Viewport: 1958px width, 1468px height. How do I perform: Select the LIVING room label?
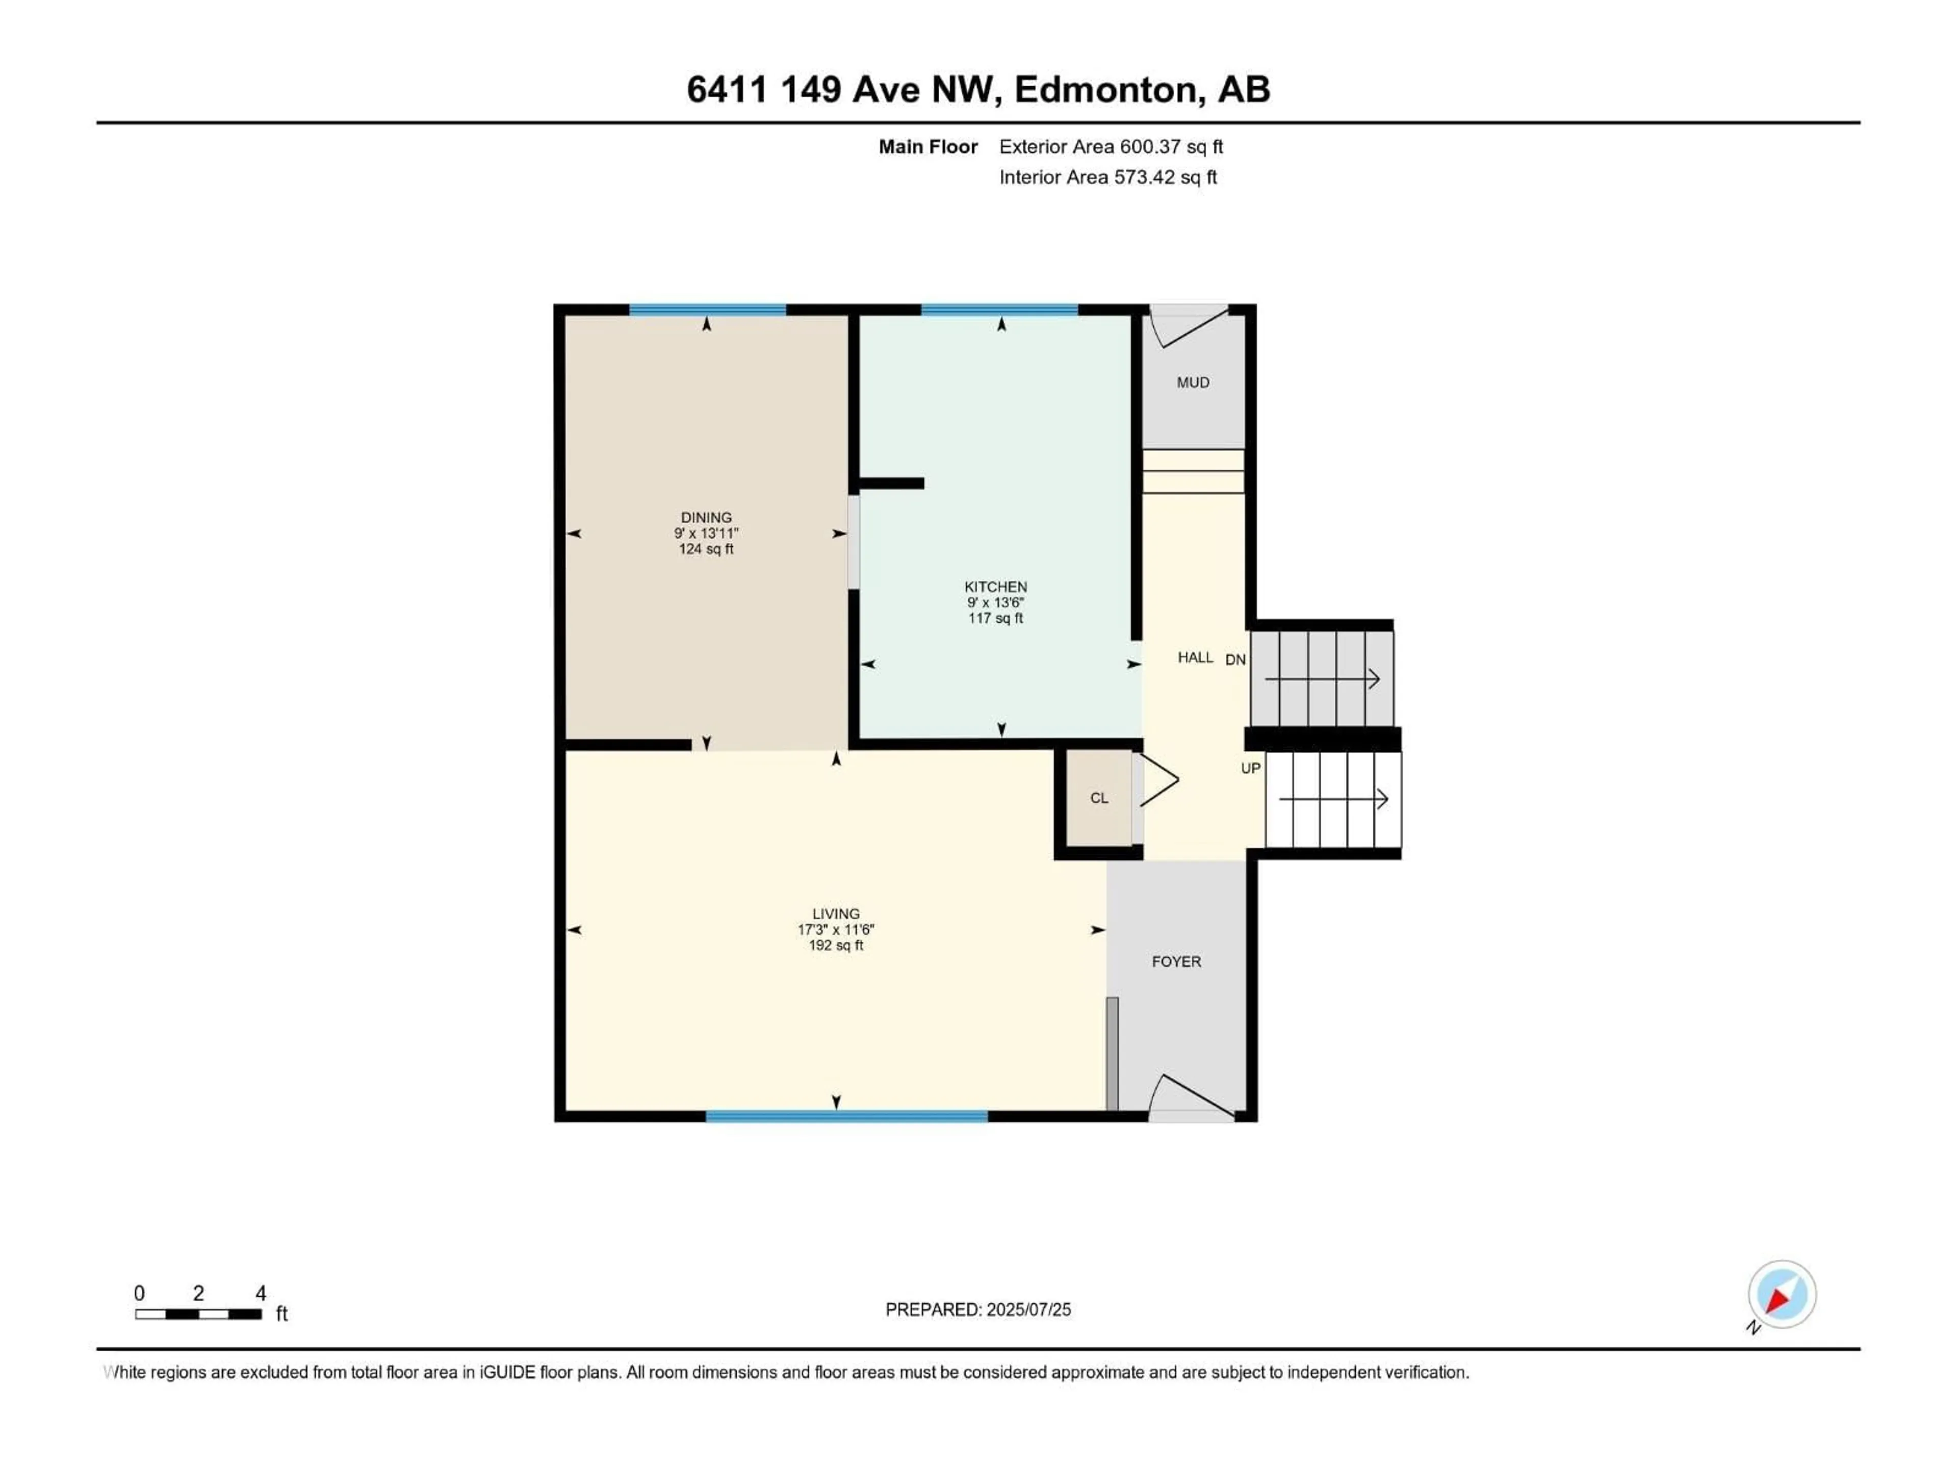point(836,914)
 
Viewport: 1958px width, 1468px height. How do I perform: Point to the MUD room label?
point(1192,382)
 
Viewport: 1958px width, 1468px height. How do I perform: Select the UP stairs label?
point(1250,768)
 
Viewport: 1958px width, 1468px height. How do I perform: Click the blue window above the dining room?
point(707,310)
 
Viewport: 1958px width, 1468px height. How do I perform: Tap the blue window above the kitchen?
point(999,310)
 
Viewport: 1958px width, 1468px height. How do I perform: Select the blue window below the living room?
point(846,1117)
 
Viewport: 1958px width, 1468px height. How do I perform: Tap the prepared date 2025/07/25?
point(1028,1309)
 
